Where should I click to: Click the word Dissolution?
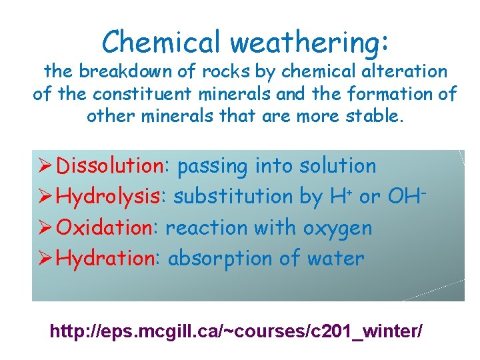point(110,166)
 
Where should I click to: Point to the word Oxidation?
point(105,228)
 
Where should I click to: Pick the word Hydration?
point(105,259)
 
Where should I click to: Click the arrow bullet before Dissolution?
point(45,166)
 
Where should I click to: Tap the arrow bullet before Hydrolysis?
point(45,197)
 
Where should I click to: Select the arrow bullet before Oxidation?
point(45,228)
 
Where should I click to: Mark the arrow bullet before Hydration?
point(45,259)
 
